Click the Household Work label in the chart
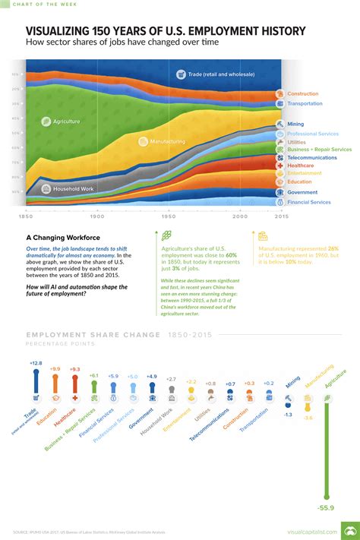point(73,188)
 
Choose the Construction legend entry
point(303,93)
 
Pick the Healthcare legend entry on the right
point(301,165)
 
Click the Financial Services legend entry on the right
point(308,202)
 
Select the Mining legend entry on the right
point(295,123)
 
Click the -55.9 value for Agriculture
point(326,507)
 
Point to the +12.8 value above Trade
point(36,364)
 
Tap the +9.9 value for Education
point(55,368)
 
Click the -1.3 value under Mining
point(288,415)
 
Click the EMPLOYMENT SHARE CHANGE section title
point(93,334)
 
